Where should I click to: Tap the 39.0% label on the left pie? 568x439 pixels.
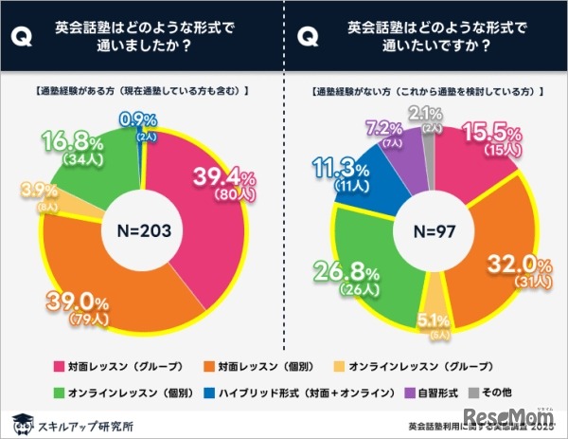tap(74, 304)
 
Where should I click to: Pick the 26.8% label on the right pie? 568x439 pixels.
tap(333, 268)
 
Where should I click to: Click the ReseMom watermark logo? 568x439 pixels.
tap(513, 417)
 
